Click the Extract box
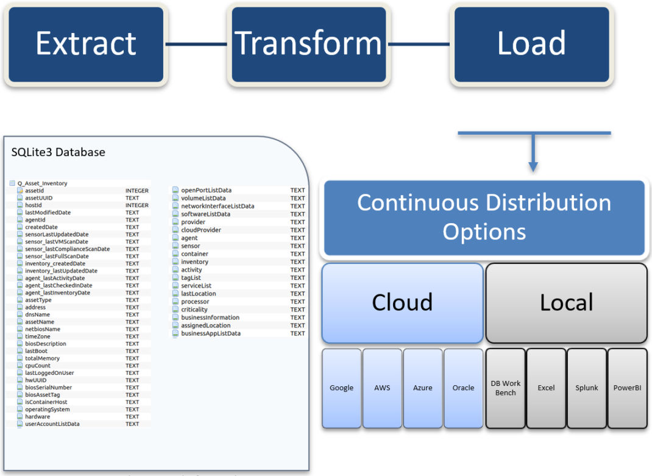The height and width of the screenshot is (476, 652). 86,44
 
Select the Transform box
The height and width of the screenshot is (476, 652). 308,44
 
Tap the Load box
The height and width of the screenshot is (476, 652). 531,44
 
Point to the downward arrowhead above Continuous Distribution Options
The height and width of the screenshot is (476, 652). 533,167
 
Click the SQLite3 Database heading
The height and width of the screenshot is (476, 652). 58,152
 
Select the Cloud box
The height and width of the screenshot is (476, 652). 403,302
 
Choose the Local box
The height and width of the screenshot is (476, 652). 566,302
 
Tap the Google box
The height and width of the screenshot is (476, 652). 341,388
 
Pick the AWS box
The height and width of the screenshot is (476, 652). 382,388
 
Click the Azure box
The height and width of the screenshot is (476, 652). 422,388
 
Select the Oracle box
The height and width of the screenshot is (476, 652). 463,388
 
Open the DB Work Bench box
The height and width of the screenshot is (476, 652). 505,388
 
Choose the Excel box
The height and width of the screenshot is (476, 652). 546,388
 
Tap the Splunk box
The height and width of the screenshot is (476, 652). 587,388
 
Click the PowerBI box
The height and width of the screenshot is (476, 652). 627,388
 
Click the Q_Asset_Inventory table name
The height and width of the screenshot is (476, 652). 43,183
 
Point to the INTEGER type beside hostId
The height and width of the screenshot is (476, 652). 137,205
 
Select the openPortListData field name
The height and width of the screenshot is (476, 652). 206,190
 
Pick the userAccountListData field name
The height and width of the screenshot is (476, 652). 52,424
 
